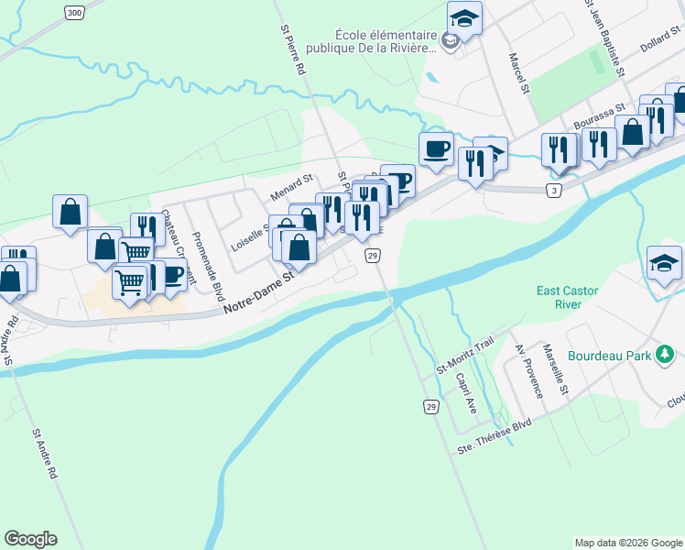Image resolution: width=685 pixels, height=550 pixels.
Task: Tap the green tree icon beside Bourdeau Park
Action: (667, 354)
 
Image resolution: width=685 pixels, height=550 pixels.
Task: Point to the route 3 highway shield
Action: (554, 190)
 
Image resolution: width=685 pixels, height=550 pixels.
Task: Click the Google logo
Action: (30, 538)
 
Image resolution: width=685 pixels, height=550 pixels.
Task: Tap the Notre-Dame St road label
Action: (259, 290)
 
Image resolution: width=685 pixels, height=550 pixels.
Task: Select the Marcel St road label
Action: (519, 71)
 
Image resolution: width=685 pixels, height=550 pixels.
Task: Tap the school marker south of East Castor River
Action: (664, 261)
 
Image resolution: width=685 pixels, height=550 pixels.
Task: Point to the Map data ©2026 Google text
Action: (628, 543)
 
